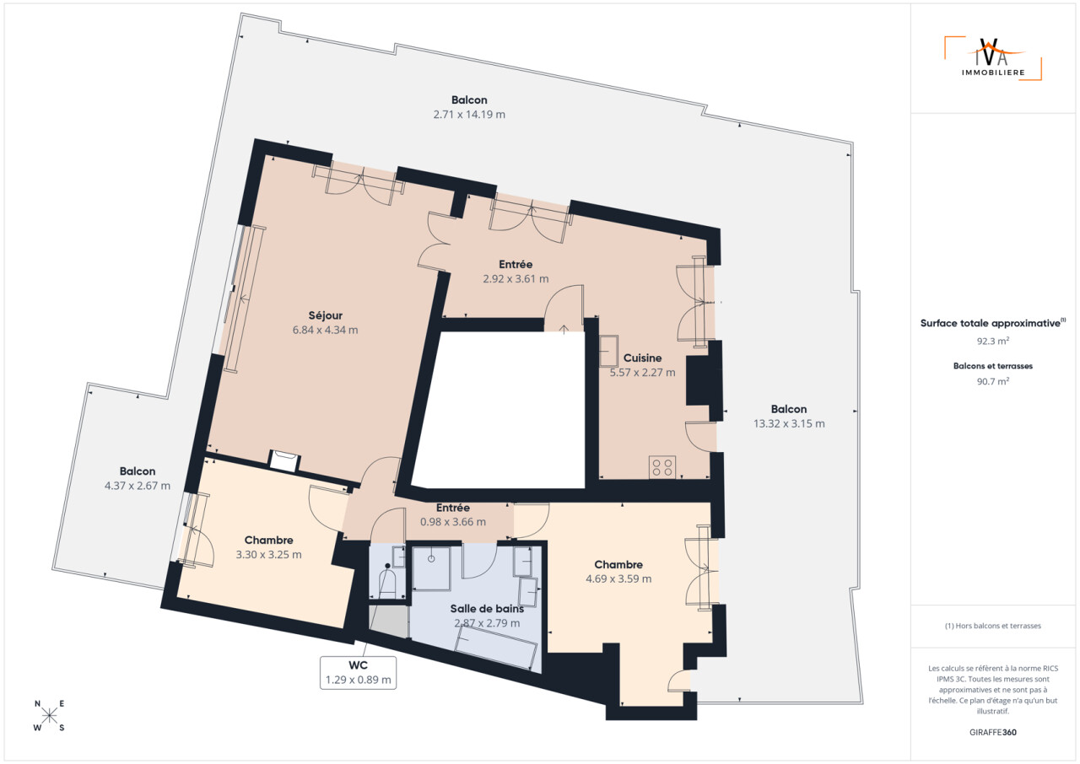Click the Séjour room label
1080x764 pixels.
tap(326, 315)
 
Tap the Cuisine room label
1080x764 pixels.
tap(642, 358)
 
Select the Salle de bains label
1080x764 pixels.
tap(487, 608)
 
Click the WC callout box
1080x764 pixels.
tap(358, 672)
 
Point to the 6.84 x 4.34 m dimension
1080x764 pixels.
tap(326, 330)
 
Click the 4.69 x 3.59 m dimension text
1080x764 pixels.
tap(618, 578)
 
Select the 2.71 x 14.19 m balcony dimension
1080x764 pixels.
tap(469, 114)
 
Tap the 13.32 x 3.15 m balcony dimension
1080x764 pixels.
tap(789, 423)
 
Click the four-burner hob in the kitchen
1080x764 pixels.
tap(662, 467)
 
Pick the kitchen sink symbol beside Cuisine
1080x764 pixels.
tap(608, 351)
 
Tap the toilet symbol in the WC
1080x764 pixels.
tap(387, 580)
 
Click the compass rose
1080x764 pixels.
tap(49, 715)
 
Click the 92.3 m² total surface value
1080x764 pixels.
tap(993, 341)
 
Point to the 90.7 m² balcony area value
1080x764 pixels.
tap(993, 381)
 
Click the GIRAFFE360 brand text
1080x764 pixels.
tap(993, 732)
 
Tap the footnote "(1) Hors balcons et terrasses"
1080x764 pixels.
tap(993, 626)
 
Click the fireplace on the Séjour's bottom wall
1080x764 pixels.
tap(284, 460)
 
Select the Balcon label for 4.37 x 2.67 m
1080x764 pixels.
tap(138, 471)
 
